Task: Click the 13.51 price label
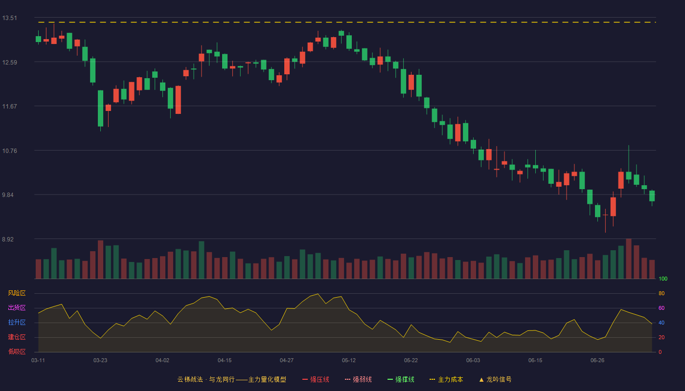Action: point(9,18)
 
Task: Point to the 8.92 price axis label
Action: point(8,239)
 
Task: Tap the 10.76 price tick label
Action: point(9,151)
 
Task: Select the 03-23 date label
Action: point(100,361)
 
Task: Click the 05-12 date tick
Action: point(349,361)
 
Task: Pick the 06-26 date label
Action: point(597,361)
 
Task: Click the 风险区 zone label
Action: point(17,293)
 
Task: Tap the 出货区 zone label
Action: point(17,307)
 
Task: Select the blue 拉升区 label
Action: point(17,322)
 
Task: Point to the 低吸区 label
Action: point(17,351)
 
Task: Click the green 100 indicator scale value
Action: point(663,279)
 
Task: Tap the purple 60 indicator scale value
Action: point(662,308)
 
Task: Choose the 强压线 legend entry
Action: point(316,379)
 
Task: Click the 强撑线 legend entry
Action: point(401,379)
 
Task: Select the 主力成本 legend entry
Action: point(446,379)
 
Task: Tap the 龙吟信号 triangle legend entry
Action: point(495,379)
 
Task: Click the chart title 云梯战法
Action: point(190,379)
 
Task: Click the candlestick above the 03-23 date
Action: point(100,109)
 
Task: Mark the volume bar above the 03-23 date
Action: point(100,260)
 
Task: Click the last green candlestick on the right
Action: point(652,196)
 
